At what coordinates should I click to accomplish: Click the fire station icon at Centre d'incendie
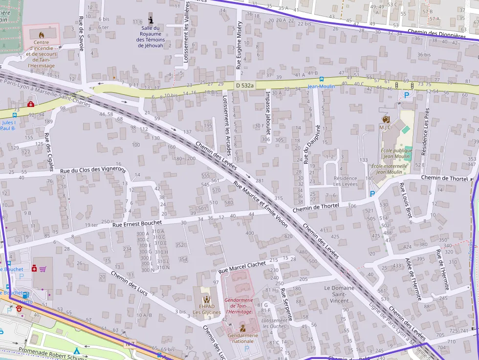pyautogui.click(x=41, y=35)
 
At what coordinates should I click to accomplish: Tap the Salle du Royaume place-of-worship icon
pyautogui.click(x=151, y=20)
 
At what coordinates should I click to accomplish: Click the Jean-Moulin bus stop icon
pyautogui.click(x=321, y=79)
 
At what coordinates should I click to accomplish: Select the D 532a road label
pyautogui.click(x=245, y=85)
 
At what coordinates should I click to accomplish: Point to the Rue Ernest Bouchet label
pyautogui.click(x=137, y=223)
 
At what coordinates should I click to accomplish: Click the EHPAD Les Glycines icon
pyautogui.click(x=206, y=299)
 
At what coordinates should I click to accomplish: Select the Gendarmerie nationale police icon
pyautogui.click(x=242, y=328)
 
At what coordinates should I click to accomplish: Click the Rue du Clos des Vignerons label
pyautogui.click(x=93, y=171)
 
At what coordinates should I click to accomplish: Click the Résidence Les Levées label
pyautogui.click(x=345, y=181)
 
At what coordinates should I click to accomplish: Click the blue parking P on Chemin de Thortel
pyautogui.click(x=373, y=193)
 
